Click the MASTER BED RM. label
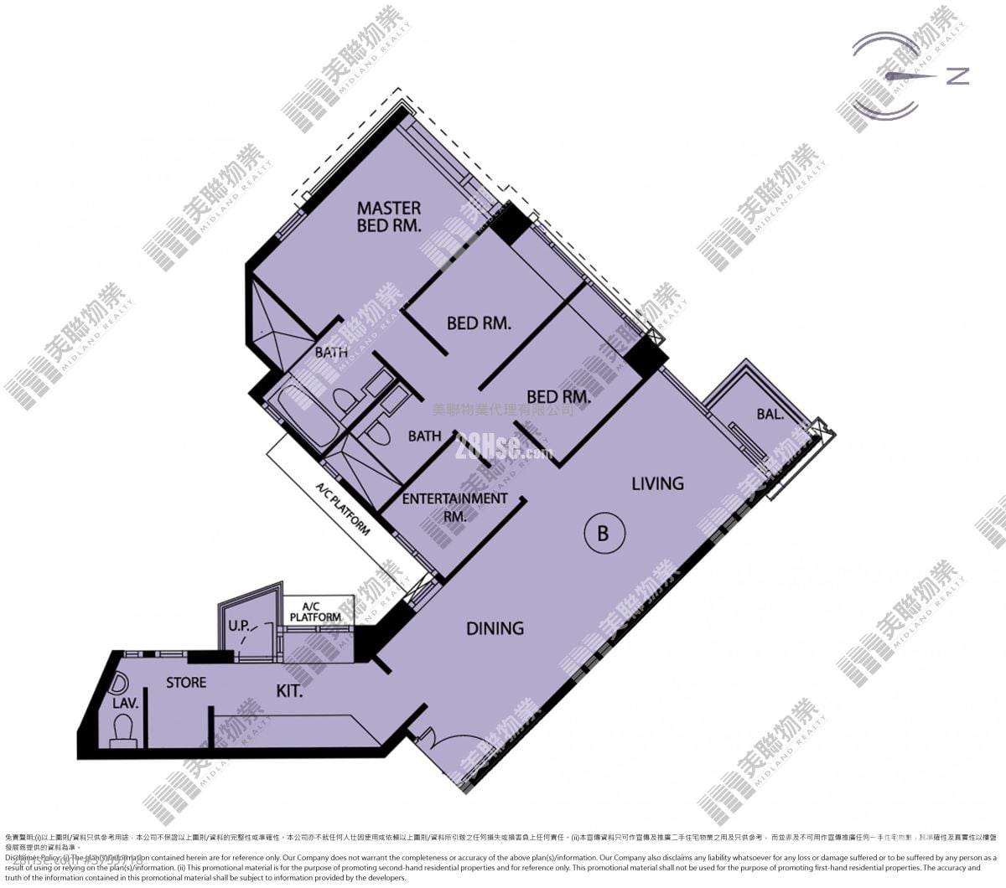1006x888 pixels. tap(389, 216)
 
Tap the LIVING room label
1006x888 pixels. tap(657, 483)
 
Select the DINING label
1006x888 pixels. tap(495, 627)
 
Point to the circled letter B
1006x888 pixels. tap(603, 533)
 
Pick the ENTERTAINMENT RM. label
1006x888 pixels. tap(454, 507)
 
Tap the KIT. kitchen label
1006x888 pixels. tap(289, 692)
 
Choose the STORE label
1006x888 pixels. tap(186, 683)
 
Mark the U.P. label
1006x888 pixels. tap(240, 626)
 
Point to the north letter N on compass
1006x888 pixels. tap(957, 76)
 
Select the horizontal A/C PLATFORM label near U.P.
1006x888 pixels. tap(315, 612)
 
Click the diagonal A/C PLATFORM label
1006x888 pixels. tap(343, 509)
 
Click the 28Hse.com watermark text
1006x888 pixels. tap(503, 452)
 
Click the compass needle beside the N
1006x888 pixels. tap(910, 77)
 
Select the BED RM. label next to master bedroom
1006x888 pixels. tap(479, 323)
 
